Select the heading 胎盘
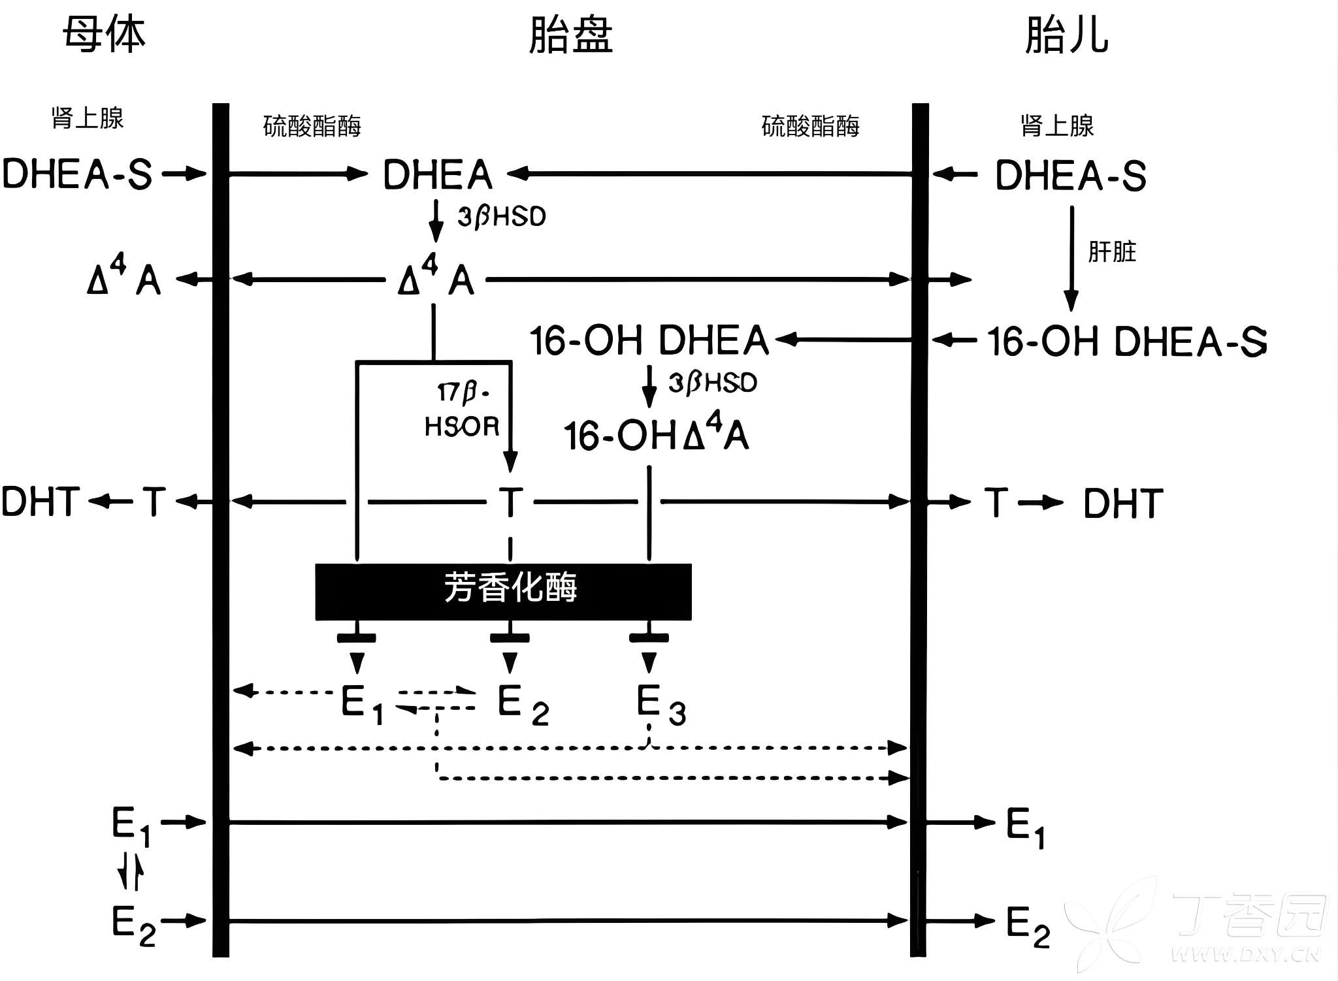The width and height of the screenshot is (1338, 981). tap(570, 35)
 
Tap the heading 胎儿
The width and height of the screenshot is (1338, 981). tap(1066, 35)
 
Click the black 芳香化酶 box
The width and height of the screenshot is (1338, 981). tap(503, 592)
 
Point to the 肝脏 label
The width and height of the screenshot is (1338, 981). tap(1112, 252)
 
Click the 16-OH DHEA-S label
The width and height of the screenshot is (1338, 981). tap(1127, 342)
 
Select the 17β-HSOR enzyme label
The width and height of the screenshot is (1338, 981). tap(463, 410)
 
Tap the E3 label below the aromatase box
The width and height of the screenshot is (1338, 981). tap(661, 705)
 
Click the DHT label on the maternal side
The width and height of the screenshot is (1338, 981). tap(41, 502)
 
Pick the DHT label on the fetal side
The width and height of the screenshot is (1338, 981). tap(1123, 503)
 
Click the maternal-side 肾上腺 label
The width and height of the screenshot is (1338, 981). tap(88, 119)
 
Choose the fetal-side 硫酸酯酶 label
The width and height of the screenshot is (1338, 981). tap(810, 126)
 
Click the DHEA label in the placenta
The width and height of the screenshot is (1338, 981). tap(438, 175)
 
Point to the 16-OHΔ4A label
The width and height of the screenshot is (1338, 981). tap(656, 433)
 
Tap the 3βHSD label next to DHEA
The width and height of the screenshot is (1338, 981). tap(501, 216)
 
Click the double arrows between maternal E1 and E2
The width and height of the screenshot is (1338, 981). tap(131, 872)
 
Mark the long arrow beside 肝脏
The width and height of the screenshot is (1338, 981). tap(1071, 259)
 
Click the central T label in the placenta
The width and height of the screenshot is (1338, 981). tap(510, 502)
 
